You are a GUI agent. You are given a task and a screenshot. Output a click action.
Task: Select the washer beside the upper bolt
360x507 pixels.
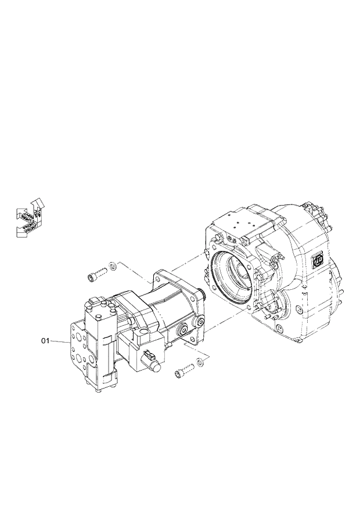point(113,266)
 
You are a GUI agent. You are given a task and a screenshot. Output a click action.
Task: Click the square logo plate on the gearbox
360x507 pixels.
point(318,260)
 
